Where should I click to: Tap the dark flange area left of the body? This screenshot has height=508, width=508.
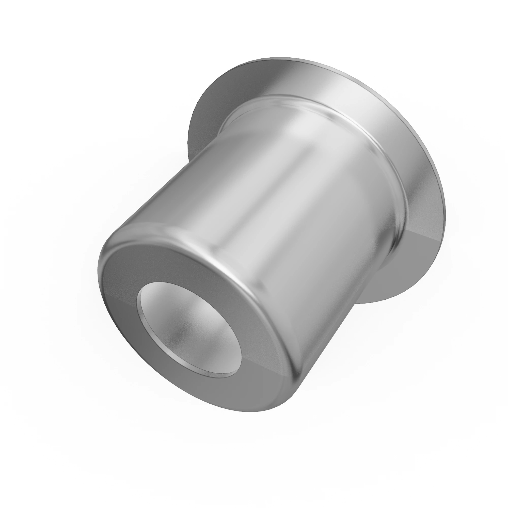[205, 118]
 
